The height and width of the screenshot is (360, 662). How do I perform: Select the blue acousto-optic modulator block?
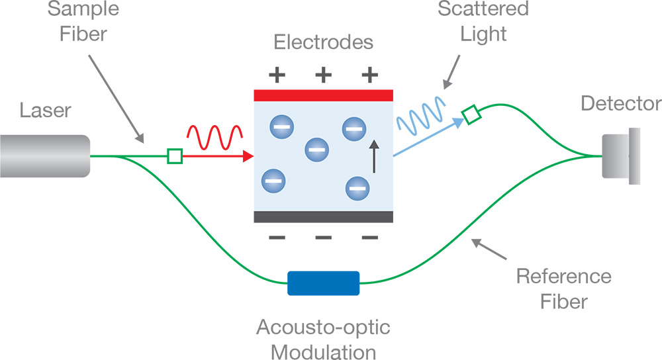(x=323, y=283)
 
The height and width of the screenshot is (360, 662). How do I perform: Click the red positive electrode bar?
(x=324, y=95)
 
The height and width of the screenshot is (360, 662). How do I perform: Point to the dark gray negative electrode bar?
(x=324, y=217)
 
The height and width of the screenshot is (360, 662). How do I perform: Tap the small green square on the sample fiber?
(x=175, y=156)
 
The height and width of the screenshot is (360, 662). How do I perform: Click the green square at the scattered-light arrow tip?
(x=471, y=115)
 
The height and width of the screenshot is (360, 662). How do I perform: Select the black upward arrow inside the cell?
(x=374, y=156)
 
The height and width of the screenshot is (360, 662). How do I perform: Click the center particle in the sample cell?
(x=316, y=150)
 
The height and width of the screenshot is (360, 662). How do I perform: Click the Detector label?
(x=620, y=104)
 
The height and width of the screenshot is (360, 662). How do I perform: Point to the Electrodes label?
(x=324, y=43)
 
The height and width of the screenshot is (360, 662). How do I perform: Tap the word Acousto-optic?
(x=323, y=327)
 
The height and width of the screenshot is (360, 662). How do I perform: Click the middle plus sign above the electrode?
(x=323, y=74)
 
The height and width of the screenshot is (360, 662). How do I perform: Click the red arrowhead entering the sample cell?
(x=248, y=156)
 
